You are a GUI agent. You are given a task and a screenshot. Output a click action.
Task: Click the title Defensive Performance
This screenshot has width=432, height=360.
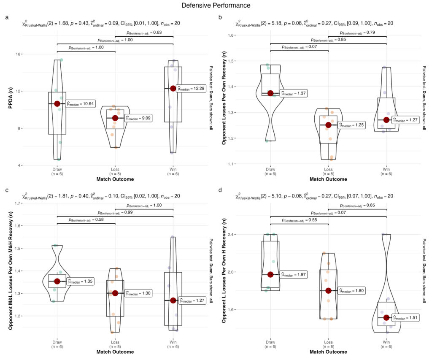coord(216,5)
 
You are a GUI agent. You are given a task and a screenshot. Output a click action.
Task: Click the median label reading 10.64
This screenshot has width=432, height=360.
coord(81,103)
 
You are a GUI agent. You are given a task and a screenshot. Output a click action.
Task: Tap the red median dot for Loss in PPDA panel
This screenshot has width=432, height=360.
coord(115,118)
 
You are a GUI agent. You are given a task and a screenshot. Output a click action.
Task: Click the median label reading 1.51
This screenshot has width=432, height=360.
coord(406,317)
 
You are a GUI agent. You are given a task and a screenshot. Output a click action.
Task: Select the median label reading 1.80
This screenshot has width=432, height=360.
coord(351,290)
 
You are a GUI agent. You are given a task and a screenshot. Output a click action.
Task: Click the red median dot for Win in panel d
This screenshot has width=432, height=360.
coord(386,317)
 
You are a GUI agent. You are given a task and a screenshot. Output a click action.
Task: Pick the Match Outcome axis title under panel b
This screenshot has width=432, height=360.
coord(328,179)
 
